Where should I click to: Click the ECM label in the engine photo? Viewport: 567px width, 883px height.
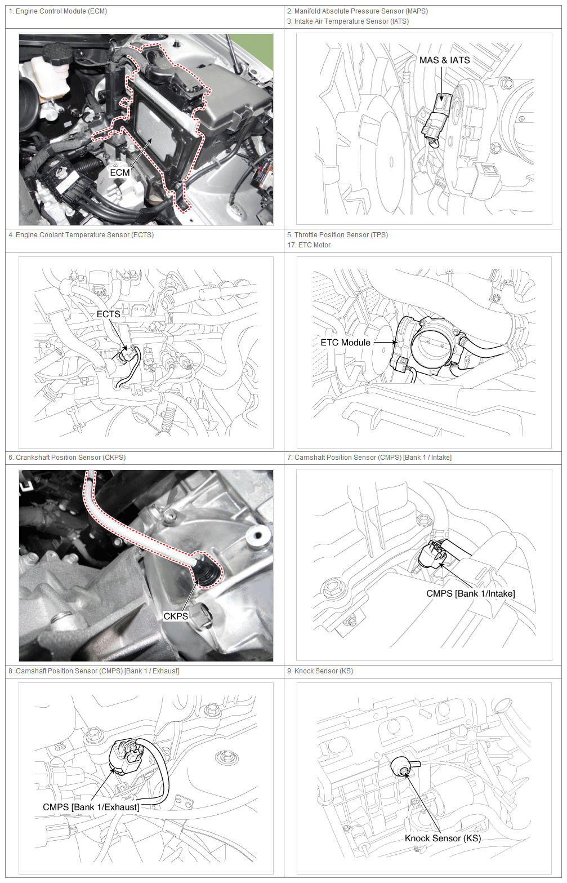coord(120,172)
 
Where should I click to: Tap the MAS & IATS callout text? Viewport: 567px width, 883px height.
coord(444,60)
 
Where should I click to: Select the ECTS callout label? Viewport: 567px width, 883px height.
coord(108,314)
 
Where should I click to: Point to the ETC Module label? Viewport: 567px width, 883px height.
coord(345,343)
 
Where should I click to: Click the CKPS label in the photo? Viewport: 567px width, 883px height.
coord(175,616)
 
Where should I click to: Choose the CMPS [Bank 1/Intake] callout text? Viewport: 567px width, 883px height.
coord(471,594)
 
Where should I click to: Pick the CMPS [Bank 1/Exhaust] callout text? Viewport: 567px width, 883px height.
coord(91,807)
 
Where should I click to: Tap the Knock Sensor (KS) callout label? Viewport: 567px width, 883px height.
coord(443,838)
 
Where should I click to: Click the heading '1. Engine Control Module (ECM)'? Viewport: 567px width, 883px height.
coord(58,11)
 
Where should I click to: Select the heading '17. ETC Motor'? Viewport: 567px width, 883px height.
coord(309,245)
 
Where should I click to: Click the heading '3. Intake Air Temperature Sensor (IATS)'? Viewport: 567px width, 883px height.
coord(348,21)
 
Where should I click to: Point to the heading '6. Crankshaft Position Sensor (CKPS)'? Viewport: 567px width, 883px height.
coord(67,458)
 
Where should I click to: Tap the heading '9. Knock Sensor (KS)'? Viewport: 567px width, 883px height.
coord(320,671)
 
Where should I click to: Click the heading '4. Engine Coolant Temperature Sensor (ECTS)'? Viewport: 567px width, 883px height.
coord(81,235)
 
